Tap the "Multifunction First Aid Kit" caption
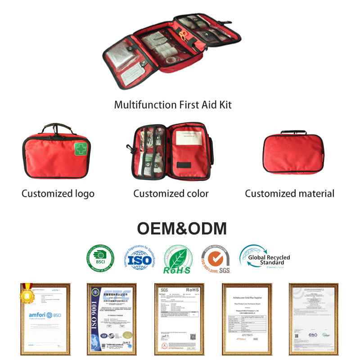pyautogui.click(x=173, y=105)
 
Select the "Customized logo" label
pyautogui.click(x=58, y=194)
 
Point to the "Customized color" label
pyautogui.click(x=171, y=194)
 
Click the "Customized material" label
pyautogui.click(x=289, y=194)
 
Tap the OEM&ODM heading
pyautogui.click(x=182, y=229)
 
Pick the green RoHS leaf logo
pyautogui.click(x=177, y=260)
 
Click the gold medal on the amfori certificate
pyautogui.click(x=26, y=295)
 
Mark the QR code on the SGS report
pyautogui.click(x=193, y=336)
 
